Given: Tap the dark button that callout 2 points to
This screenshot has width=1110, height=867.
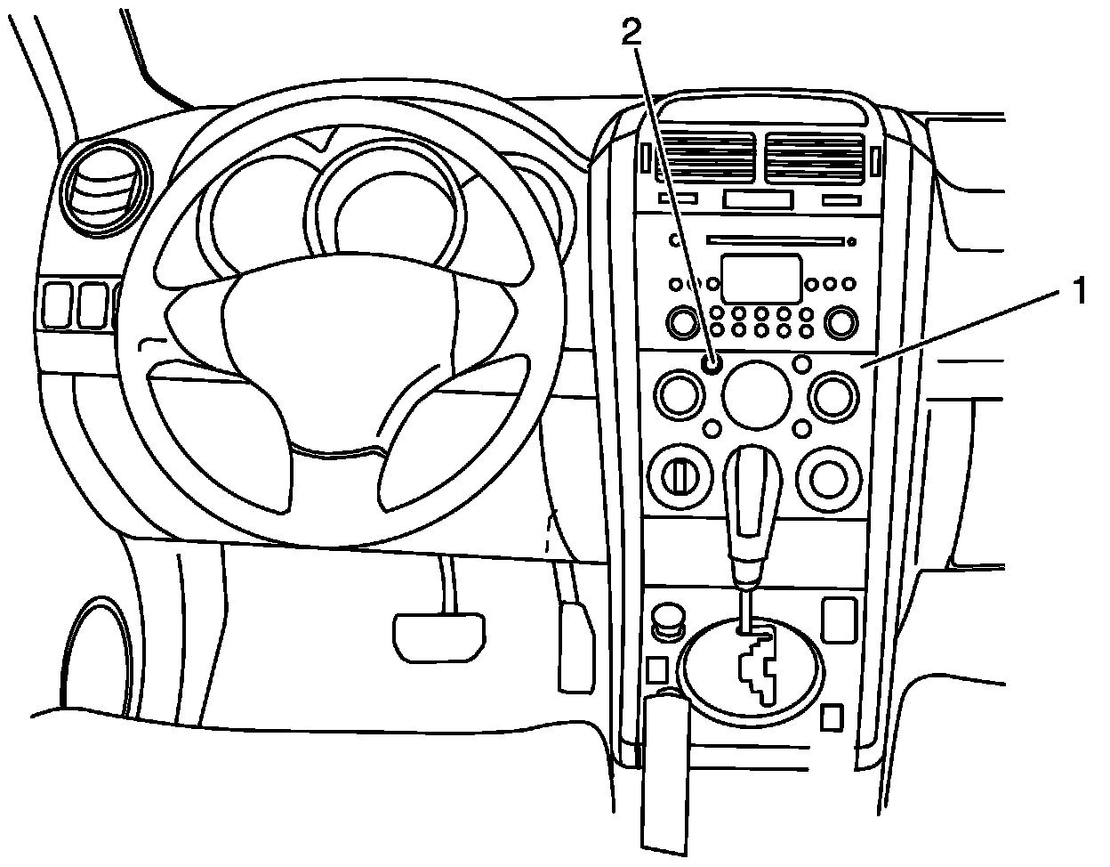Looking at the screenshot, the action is click(x=711, y=363).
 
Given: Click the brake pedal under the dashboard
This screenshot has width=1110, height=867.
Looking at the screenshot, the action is click(x=439, y=637).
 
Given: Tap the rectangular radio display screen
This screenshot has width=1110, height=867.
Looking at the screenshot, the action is click(x=761, y=278).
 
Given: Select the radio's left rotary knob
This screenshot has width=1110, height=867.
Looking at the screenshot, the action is click(x=682, y=321).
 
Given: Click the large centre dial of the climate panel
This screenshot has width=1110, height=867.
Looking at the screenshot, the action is click(x=757, y=395).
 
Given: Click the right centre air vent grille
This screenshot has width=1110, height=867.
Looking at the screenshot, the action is click(x=814, y=158).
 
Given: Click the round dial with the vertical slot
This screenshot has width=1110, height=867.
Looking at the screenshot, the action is click(x=679, y=477).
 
